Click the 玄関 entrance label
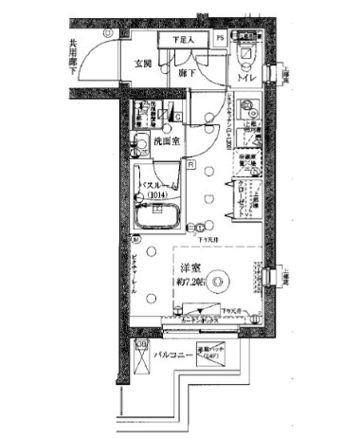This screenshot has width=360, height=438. [x=143, y=64]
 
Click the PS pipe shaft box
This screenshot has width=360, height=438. [x=220, y=40]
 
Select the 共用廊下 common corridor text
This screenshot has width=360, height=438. [x=73, y=58]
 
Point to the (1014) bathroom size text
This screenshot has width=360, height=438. [x=158, y=195]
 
